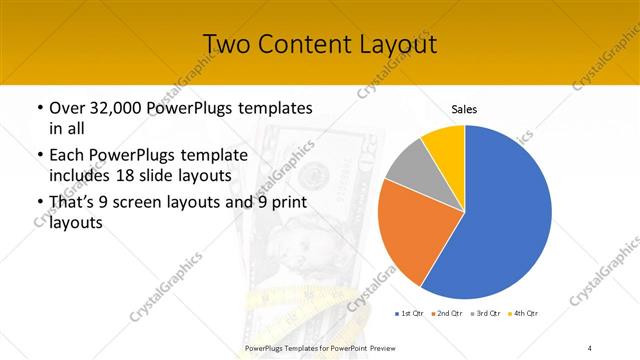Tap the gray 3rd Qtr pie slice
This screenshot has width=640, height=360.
point(409,168)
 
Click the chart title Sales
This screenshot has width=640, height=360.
point(463,108)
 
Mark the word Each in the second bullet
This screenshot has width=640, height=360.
point(66,156)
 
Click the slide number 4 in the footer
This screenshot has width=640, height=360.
point(590,347)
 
